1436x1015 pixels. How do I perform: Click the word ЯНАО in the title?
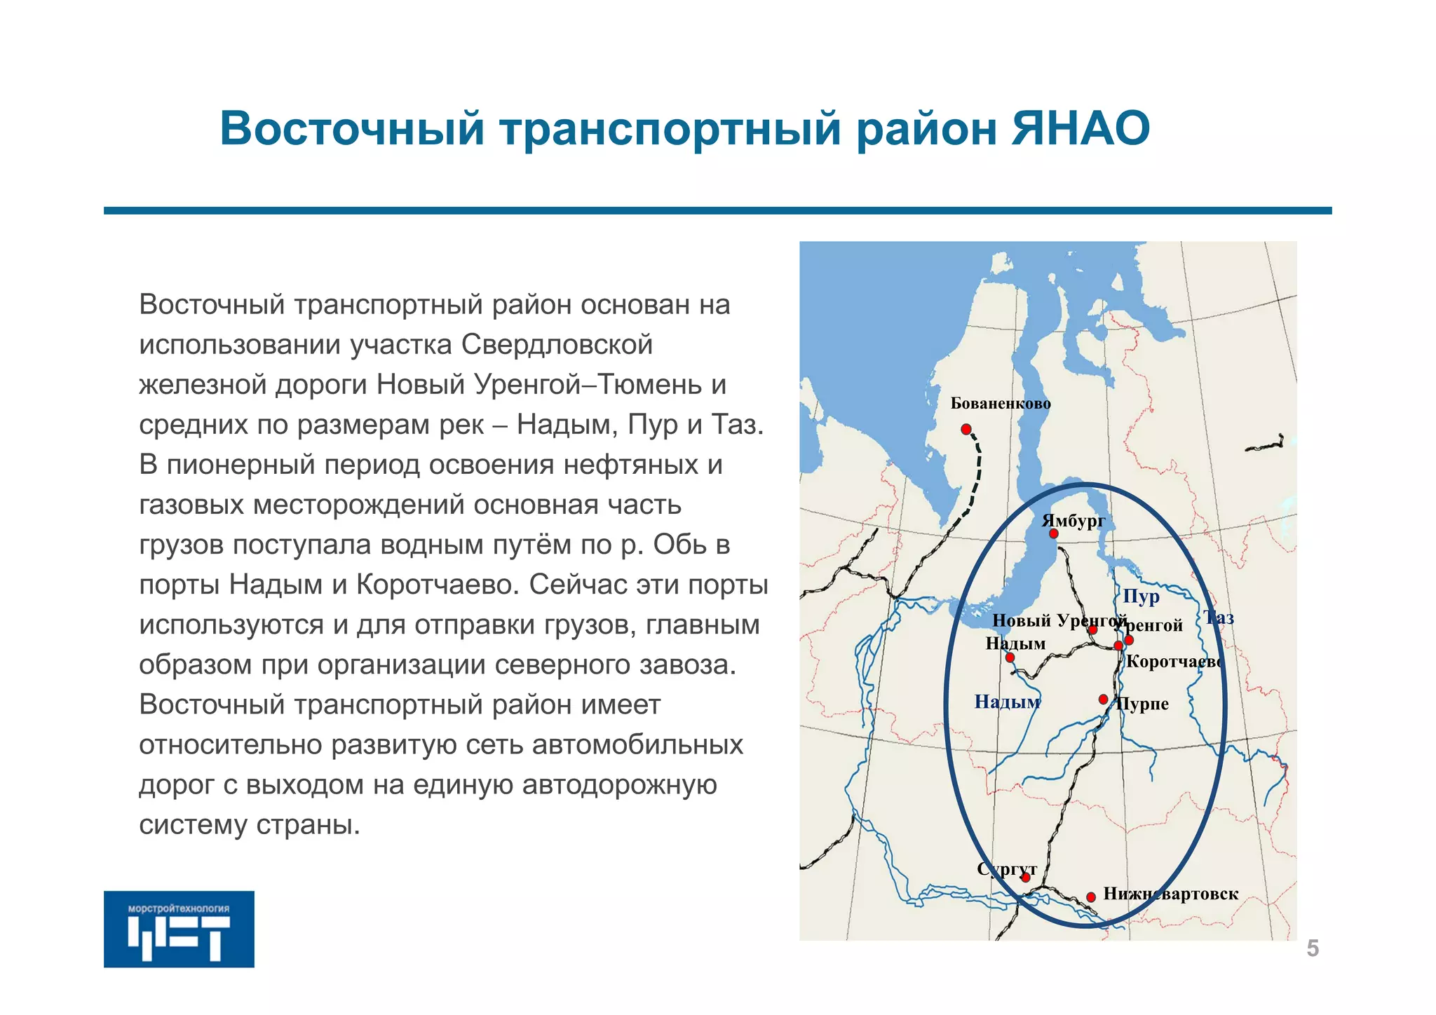point(1080,129)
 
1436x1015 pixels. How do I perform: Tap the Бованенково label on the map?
point(1001,404)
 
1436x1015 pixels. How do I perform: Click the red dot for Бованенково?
point(966,429)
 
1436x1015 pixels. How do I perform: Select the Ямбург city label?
point(1073,521)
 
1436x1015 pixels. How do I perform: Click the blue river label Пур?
point(1141,597)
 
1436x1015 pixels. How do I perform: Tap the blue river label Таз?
point(1219,618)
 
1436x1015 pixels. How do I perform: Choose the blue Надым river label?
point(1007,702)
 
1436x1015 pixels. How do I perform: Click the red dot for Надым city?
point(1010,658)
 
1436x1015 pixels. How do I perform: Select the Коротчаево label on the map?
point(1174,662)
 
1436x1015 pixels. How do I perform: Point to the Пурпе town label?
point(1143,704)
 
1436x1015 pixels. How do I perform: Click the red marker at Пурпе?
point(1103,700)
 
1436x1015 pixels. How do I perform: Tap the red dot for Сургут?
point(1025,878)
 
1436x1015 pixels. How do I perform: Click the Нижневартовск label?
point(1170,894)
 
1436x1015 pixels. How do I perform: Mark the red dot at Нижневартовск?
point(1091,897)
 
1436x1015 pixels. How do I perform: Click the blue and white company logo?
point(179,929)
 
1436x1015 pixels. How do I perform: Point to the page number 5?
point(1313,949)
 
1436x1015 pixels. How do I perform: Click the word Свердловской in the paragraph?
point(557,345)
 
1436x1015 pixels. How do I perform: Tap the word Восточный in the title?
point(352,129)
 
